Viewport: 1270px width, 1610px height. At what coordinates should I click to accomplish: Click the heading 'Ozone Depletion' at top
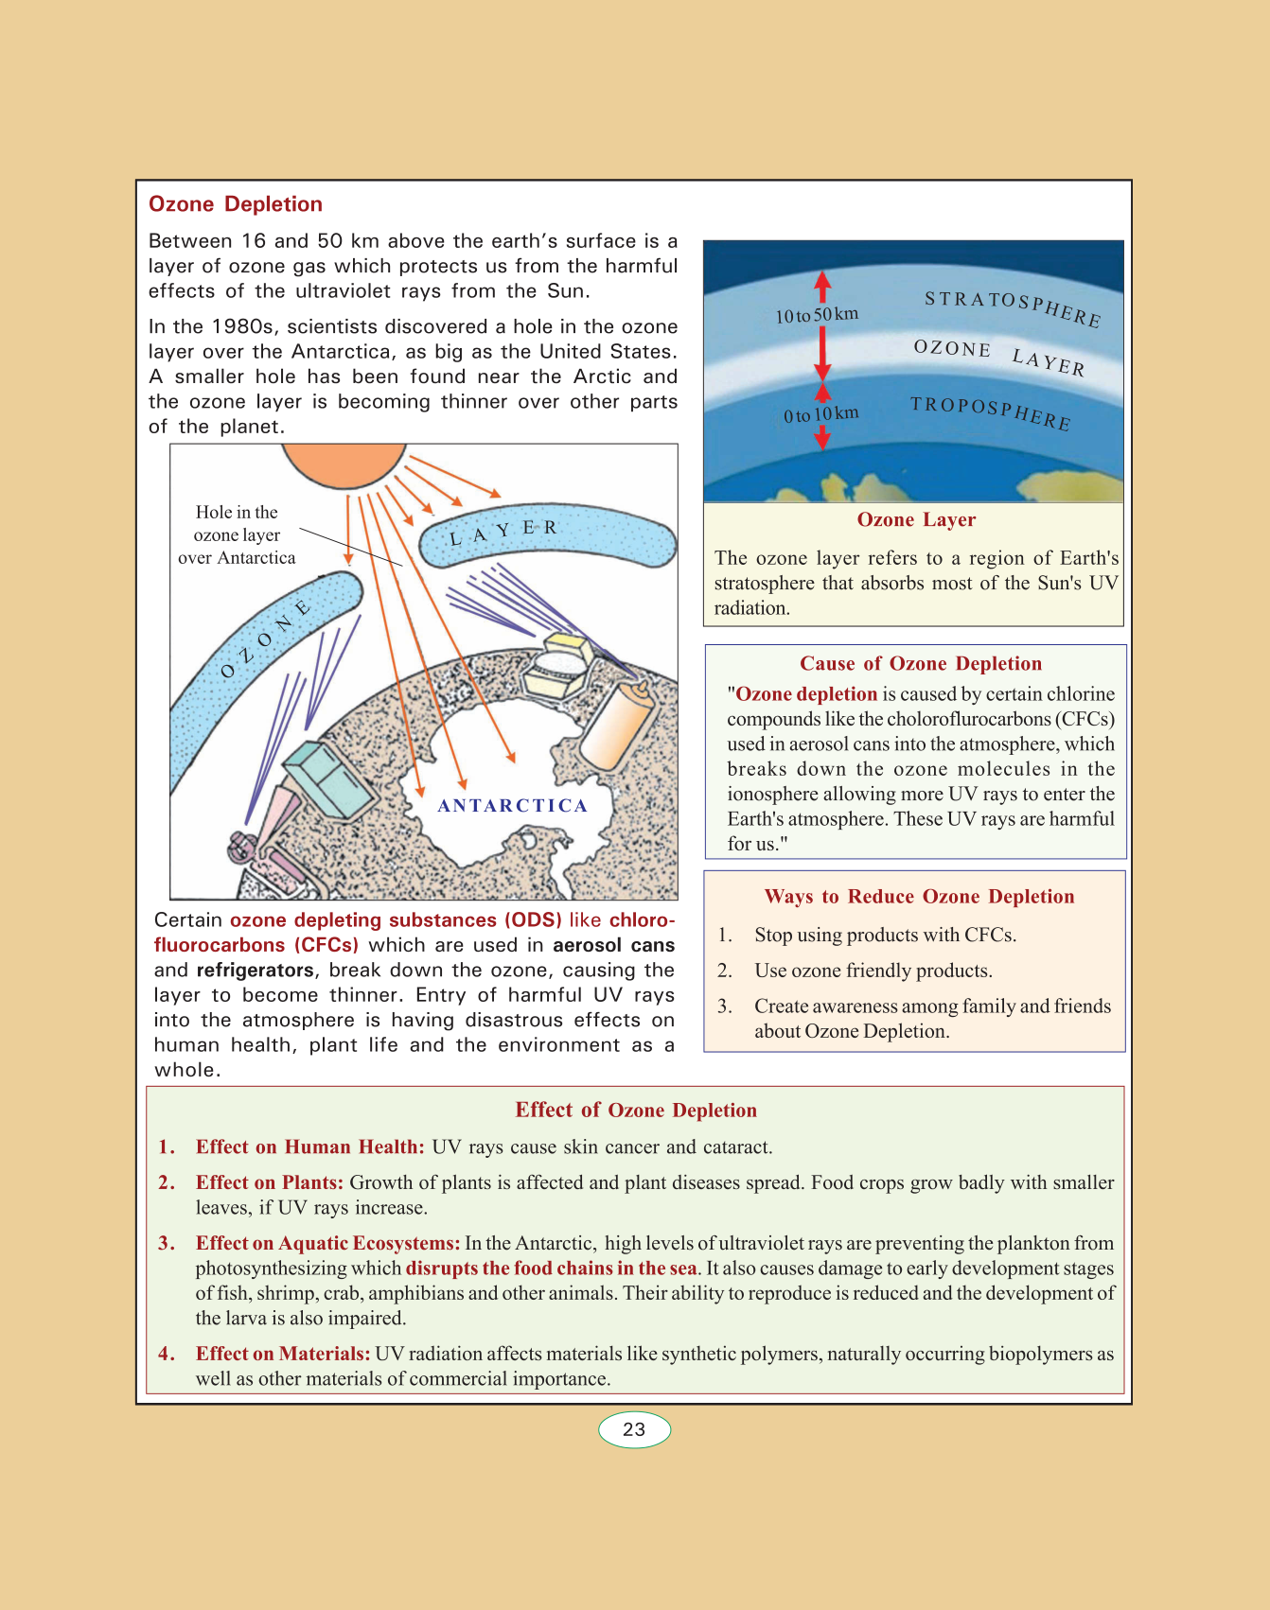[236, 204]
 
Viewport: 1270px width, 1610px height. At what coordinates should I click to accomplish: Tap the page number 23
[634, 1429]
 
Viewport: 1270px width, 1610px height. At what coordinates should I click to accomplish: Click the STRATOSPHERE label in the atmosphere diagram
[1012, 307]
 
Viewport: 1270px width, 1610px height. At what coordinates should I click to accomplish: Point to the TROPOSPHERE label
[990, 412]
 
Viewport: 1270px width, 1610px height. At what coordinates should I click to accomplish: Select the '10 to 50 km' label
[817, 315]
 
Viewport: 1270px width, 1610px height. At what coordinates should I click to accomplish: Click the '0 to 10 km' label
[820, 414]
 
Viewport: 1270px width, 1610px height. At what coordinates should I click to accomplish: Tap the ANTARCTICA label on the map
[512, 806]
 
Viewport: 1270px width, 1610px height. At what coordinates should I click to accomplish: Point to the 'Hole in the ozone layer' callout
[237, 535]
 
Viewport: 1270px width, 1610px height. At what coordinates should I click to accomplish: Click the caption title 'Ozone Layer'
[916, 520]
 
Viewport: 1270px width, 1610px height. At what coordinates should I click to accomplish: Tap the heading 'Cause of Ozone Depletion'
[920, 664]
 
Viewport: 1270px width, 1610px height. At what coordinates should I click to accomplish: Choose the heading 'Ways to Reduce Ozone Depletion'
[919, 897]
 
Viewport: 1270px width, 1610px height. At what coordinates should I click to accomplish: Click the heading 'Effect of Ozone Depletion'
[636, 1111]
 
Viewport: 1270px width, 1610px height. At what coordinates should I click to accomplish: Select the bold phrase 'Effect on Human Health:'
[309, 1147]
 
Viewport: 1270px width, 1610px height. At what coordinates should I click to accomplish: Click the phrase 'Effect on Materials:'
[282, 1354]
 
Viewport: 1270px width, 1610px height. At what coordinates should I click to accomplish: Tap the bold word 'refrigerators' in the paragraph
[255, 971]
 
